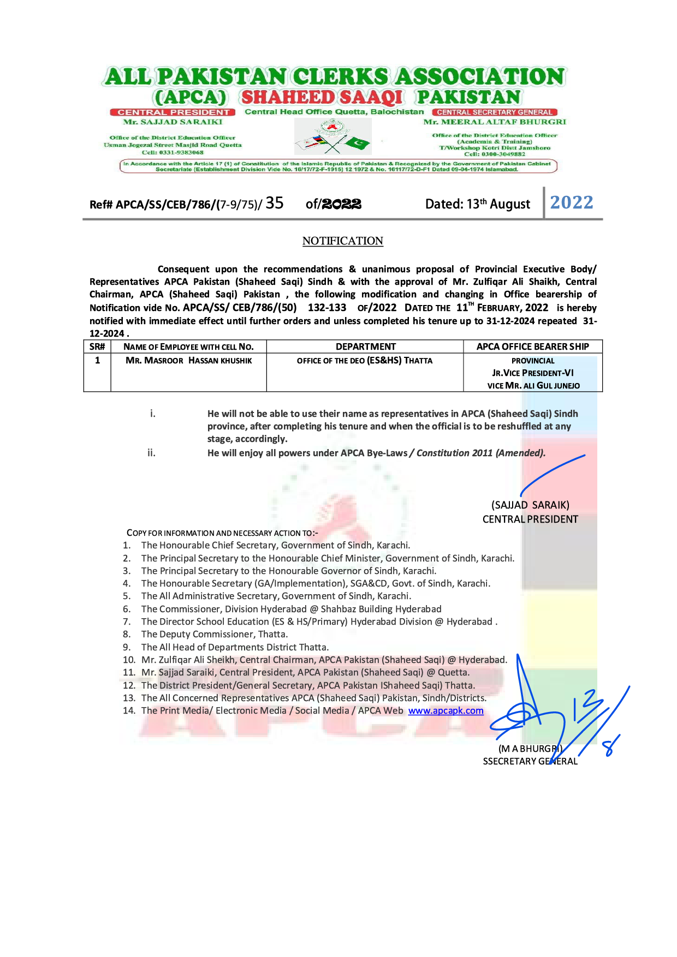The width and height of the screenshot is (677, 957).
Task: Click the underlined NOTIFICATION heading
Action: (x=342, y=241)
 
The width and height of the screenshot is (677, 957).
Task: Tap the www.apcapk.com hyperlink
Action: (x=446, y=710)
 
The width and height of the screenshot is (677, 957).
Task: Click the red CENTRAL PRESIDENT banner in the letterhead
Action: (x=173, y=112)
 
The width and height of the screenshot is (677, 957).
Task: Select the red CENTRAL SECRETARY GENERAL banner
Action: (x=494, y=112)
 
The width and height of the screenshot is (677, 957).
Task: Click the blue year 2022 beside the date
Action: (x=571, y=202)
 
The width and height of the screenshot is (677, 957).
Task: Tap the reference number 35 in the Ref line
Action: (x=274, y=203)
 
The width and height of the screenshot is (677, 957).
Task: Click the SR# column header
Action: (x=97, y=346)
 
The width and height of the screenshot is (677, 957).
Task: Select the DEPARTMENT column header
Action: (x=365, y=346)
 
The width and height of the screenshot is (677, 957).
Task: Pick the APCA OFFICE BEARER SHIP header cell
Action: (x=532, y=346)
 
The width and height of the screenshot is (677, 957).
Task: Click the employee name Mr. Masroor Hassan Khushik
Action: (x=188, y=361)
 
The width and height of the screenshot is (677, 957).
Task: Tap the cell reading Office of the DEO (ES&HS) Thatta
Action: (x=365, y=361)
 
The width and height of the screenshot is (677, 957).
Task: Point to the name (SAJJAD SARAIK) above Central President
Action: (x=530, y=505)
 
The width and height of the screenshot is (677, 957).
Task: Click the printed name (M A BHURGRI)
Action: (x=530, y=749)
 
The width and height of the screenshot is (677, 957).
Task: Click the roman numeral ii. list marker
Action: (x=151, y=453)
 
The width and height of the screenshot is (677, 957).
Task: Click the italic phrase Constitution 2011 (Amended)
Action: (x=480, y=453)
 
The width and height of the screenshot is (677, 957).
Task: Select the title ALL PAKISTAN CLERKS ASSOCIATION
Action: (x=335, y=77)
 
